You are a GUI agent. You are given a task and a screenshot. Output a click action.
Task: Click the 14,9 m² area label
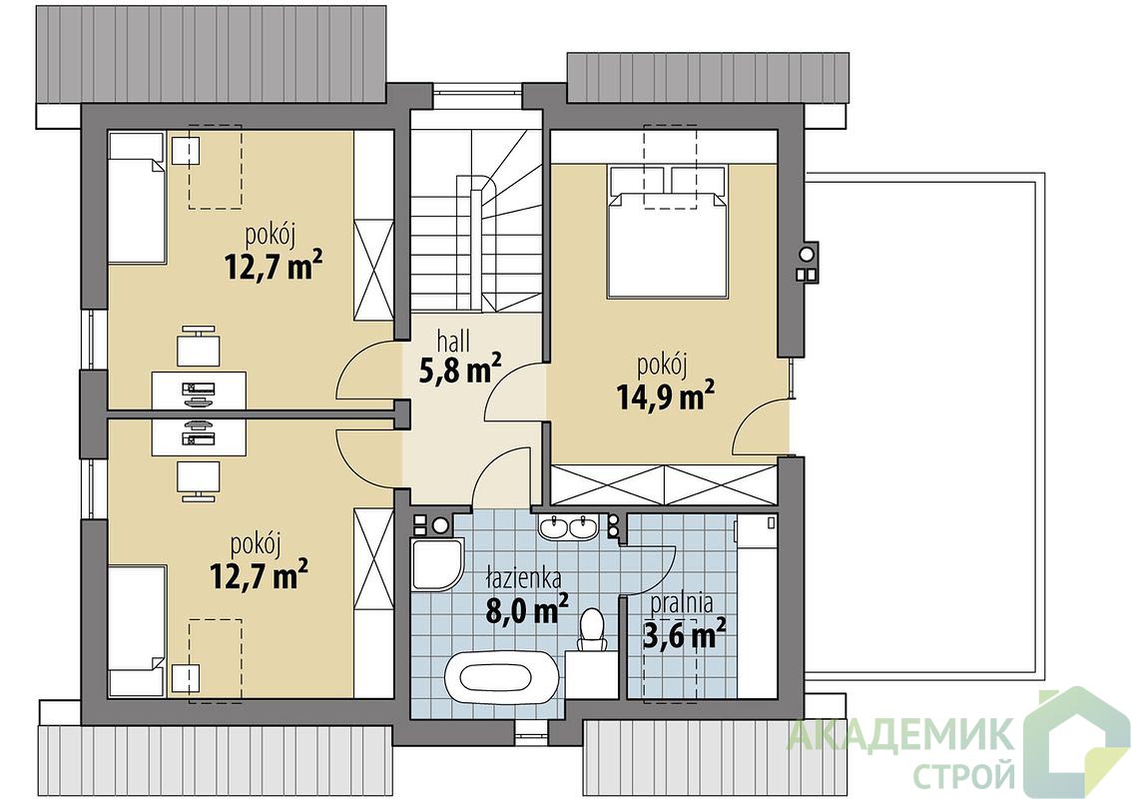[666, 396]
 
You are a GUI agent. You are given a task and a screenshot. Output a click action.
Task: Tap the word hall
[454, 341]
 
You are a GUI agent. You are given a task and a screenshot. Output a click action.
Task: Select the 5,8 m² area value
[459, 371]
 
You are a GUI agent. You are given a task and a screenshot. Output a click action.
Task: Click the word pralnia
[682, 602]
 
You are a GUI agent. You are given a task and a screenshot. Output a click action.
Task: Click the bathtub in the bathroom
[500, 676]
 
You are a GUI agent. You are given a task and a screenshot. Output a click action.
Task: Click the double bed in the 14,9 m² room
[666, 231]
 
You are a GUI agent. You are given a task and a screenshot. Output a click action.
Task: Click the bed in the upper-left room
[136, 199]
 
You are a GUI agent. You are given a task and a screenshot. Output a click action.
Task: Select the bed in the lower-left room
[137, 631]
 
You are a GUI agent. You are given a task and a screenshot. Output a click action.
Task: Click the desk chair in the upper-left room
[199, 347]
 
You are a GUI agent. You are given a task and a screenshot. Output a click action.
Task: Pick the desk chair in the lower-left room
[199, 481]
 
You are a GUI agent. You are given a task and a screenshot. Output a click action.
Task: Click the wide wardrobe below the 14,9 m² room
[664, 485]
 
